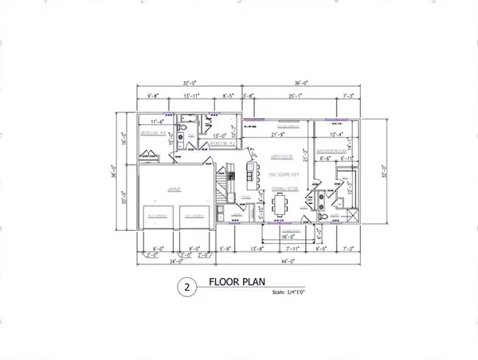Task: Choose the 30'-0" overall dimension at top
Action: [x=190, y=83]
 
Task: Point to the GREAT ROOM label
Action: [x=278, y=157]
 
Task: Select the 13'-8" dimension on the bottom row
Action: [x=257, y=248]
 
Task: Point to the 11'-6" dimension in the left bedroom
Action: [x=157, y=121]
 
